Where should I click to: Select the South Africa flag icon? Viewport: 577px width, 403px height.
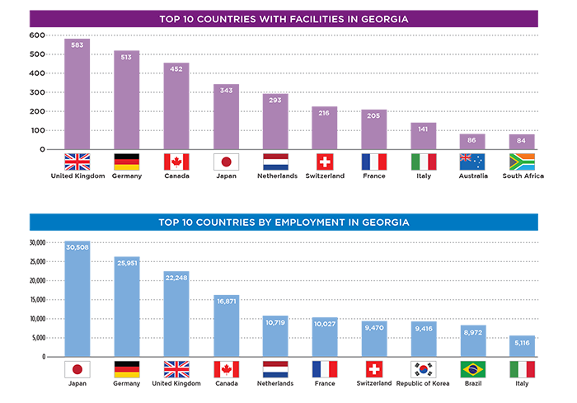[x=523, y=162]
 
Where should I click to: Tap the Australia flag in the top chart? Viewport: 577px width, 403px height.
[x=472, y=162]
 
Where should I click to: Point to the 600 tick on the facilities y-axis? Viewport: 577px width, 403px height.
[x=36, y=35]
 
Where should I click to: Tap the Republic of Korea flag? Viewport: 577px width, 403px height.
[x=424, y=369]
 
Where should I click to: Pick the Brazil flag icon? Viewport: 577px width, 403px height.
[x=472, y=369]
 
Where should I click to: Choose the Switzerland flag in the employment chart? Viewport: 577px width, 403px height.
[x=374, y=369]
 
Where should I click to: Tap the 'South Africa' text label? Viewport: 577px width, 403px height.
[x=523, y=176]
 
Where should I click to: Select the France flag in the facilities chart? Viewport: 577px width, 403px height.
[x=374, y=162]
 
